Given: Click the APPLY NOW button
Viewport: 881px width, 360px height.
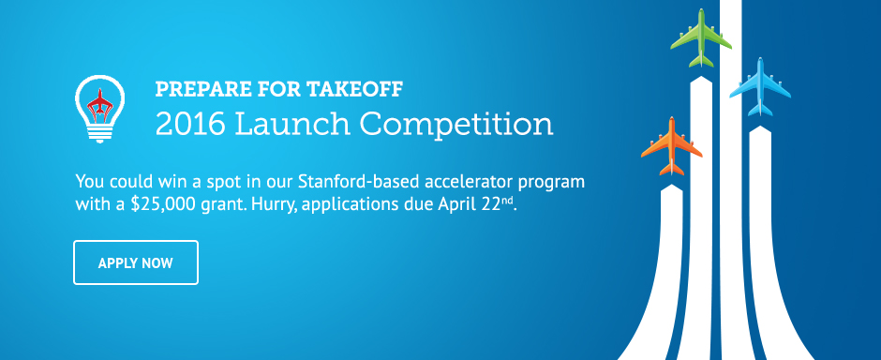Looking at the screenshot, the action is (x=135, y=262).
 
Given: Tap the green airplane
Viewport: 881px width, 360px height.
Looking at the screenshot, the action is (x=701, y=38).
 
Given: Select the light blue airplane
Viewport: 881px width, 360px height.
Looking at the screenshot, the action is (x=760, y=87).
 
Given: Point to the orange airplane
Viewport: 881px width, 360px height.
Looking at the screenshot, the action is (x=671, y=146).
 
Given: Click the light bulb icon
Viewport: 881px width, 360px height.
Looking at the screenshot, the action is (x=99, y=109).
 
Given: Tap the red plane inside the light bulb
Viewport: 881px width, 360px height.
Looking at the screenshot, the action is (x=99, y=106).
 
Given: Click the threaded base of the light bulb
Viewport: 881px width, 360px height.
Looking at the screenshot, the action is (x=99, y=133).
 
